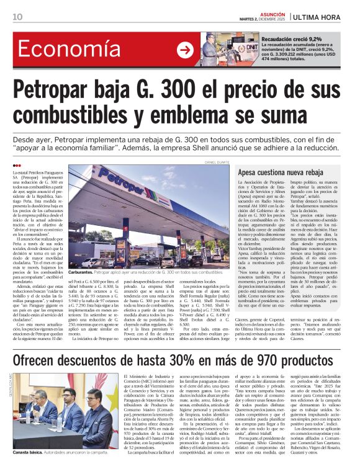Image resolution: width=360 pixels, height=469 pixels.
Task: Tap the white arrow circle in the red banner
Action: (185, 50)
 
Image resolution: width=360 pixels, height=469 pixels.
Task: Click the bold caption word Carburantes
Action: (83, 272)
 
